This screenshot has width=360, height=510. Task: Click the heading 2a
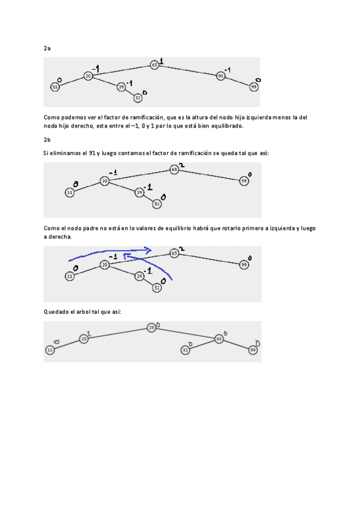(47, 48)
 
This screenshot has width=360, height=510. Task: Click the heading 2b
(47, 140)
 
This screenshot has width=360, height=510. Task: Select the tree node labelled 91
(221, 76)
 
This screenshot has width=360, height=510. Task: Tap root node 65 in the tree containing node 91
(154, 64)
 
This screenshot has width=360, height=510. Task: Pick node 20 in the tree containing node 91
(88, 76)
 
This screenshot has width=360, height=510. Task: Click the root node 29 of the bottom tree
(151, 328)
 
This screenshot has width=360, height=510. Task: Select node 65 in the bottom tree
(219, 339)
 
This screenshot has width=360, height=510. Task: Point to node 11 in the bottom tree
(50, 350)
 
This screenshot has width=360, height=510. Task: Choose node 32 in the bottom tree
(186, 350)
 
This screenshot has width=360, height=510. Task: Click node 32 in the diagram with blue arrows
(156, 288)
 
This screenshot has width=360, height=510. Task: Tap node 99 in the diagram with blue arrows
(244, 264)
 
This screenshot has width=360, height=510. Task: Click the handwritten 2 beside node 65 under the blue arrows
(182, 248)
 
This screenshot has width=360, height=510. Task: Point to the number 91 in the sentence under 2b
(93, 154)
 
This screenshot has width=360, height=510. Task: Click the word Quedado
(56, 312)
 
